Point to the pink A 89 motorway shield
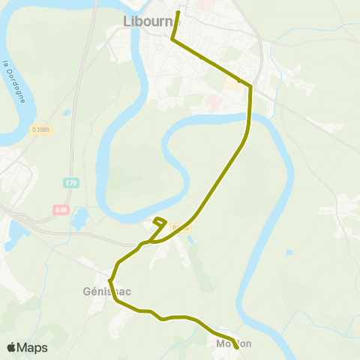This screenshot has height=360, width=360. click(61, 209)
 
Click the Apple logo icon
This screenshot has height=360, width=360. click(11, 348)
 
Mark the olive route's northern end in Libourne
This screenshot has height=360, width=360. click(178, 13)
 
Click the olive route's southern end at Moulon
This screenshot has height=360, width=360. click(237, 348)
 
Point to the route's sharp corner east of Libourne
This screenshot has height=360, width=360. click(250, 88)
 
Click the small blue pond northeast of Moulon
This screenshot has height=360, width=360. click(289, 252)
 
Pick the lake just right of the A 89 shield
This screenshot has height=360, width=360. click(80, 218)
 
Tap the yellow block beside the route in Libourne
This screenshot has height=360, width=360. click(232, 85)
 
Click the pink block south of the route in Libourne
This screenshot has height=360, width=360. click(213, 100)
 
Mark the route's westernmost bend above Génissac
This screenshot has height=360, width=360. click(111, 280)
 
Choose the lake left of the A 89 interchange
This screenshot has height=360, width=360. click(14, 232)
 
